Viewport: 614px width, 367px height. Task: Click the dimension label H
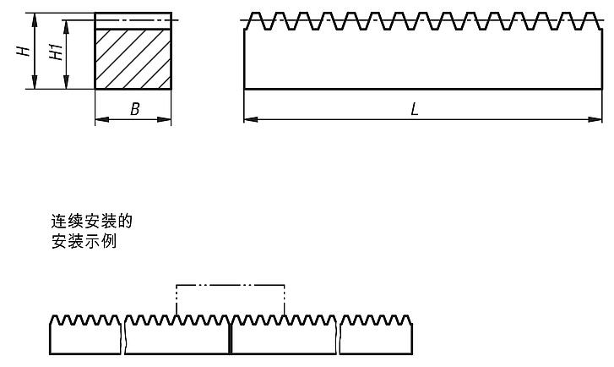pyautogui.click(x=24, y=51)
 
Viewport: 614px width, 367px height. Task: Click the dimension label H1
pyautogui.click(x=56, y=52)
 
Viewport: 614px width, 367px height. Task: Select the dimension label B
pyautogui.click(x=134, y=109)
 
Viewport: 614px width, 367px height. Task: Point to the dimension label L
pyautogui.click(x=415, y=108)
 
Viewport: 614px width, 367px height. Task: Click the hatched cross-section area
pyautogui.click(x=133, y=59)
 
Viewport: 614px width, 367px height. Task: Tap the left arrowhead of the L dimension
pyautogui.click(x=251, y=119)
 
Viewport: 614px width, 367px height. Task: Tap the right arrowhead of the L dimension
pyautogui.click(x=595, y=119)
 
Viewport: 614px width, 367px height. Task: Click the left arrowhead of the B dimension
pyautogui.click(x=102, y=119)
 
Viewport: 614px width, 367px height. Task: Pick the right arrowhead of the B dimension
pyautogui.click(x=164, y=119)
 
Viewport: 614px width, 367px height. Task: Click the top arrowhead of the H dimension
pyautogui.click(x=35, y=20)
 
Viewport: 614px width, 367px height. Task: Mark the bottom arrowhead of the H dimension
pyautogui.click(x=35, y=82)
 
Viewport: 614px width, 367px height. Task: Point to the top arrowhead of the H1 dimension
pyautogui.click(x=66, y=27)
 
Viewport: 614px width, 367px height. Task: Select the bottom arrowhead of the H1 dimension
pyautogui.click(x=66, y=82)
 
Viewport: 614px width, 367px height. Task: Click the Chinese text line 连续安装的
pyautogui.click(x=92, y=222)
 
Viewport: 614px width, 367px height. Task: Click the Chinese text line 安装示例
pyautogui.click(x=84, y=241)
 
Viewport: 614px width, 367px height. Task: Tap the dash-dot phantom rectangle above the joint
pyautogui.click(x=231, y=285)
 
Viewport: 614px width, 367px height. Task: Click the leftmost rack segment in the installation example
pyautogui.click(x=85, y=335)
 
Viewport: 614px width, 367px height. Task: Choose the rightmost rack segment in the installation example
pyautogui.click(x=376, y=335)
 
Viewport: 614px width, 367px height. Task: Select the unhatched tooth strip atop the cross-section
pyautogui.click(x=133, y=21)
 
